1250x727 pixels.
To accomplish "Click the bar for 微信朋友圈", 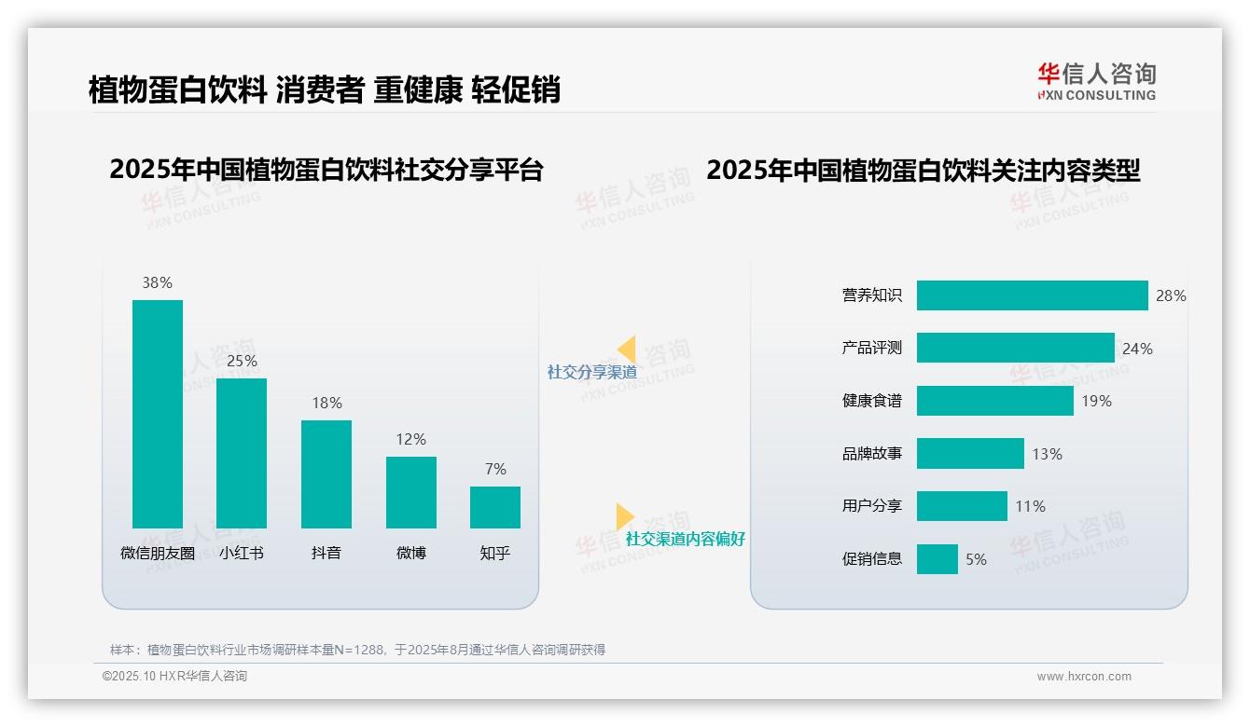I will point(157,414).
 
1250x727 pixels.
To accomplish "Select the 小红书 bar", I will point(242,453).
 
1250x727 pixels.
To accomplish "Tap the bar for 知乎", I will point(495,507).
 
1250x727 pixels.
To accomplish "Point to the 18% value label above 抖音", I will point(326,403).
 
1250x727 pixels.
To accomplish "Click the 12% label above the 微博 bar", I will point(410,439).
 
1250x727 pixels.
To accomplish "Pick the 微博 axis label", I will point(410,553).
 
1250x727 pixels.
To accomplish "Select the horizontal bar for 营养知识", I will point(1032,295).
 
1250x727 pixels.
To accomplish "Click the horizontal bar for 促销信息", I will point(937,559).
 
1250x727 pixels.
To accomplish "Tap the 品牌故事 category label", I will point(872,454).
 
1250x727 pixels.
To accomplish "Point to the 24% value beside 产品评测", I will point(1137,349).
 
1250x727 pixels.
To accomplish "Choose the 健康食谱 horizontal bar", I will point(994,401).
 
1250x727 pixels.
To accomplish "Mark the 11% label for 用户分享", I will point(1030,506).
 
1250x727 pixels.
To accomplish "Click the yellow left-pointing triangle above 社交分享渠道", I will point(627,350).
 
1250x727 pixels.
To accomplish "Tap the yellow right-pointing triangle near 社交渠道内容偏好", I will point(624,516).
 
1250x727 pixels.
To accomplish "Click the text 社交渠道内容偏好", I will point(685,539).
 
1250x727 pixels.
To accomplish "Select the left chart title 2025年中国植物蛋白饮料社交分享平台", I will point(326,171).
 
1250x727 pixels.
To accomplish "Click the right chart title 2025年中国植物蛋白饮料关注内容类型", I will point(923,171).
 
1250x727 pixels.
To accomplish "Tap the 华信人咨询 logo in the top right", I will point(1096,81).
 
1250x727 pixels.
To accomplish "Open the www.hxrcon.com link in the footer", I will point(1083,677).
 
